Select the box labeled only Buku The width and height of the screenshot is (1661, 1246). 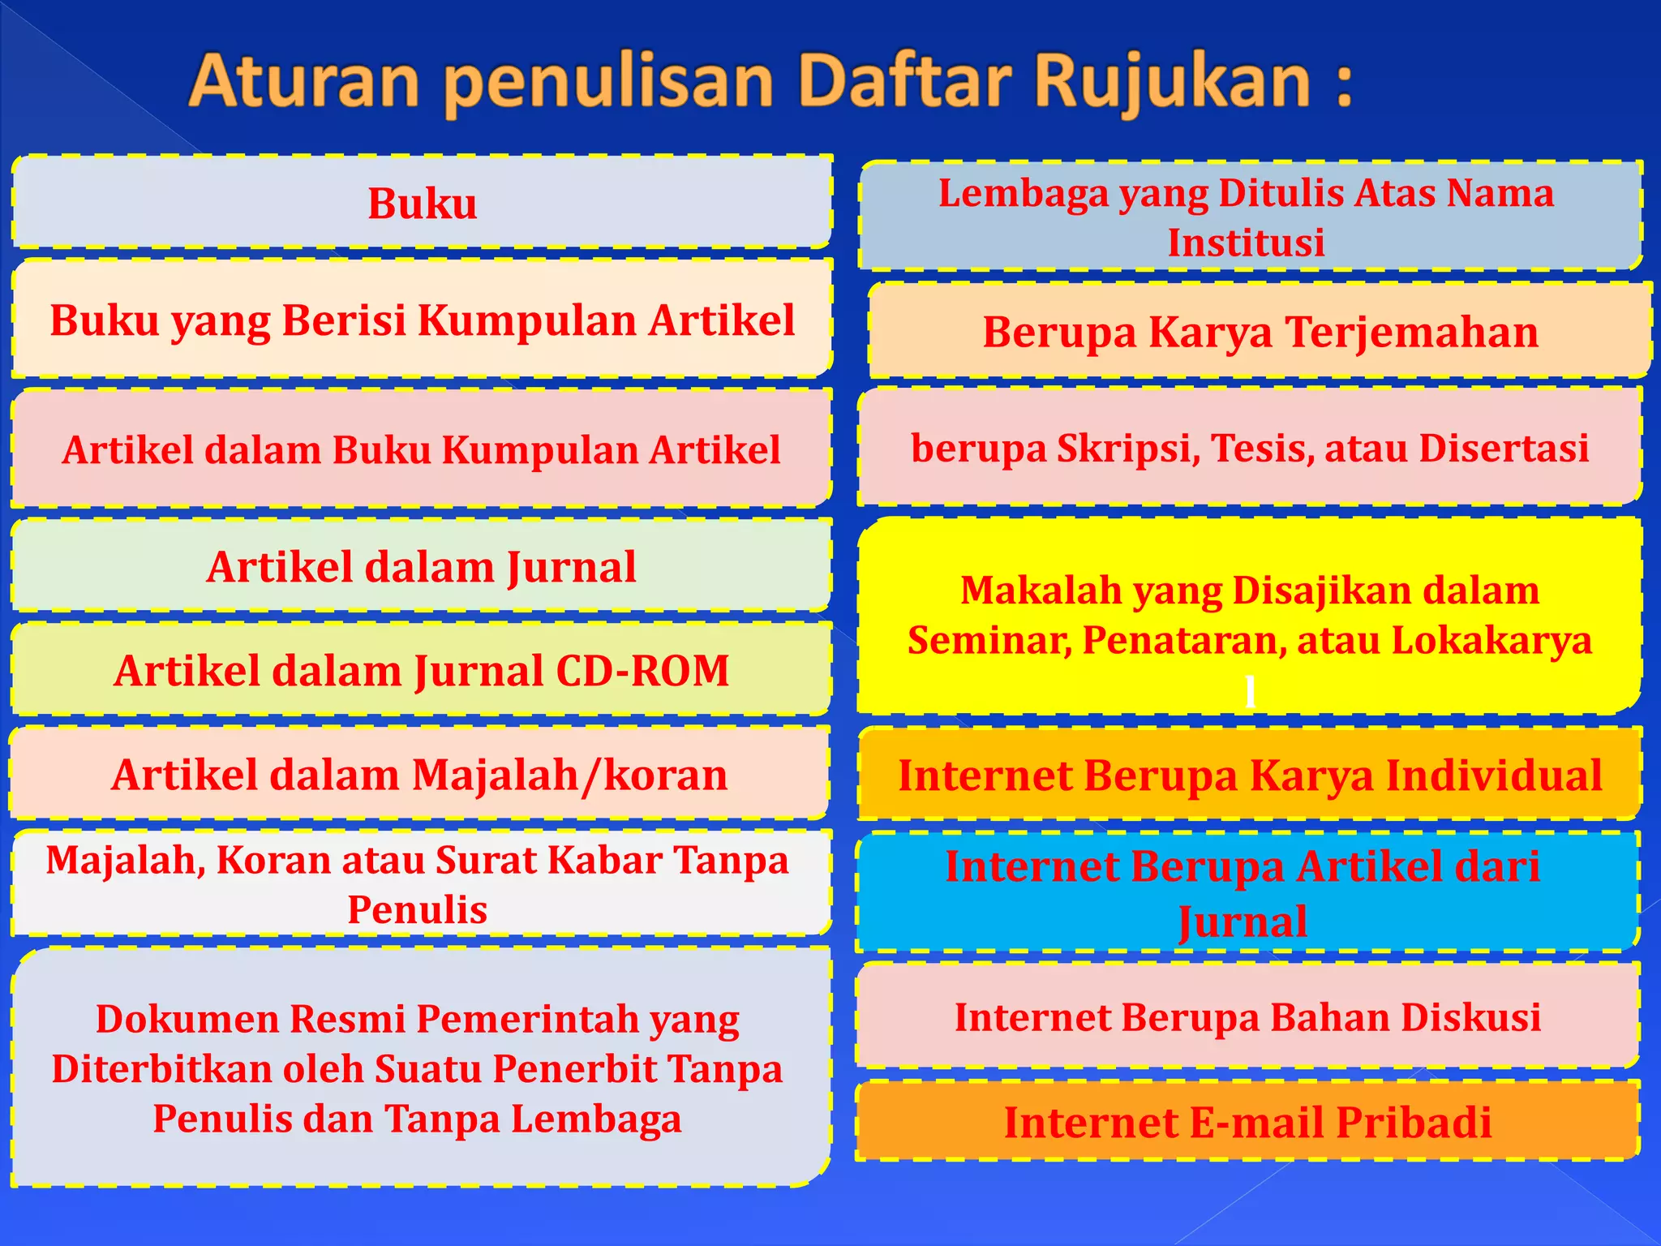coord(423,203)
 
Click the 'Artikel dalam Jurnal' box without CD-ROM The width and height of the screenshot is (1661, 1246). coord(421,566)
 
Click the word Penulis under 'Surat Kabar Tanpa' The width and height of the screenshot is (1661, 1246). coord(417,909)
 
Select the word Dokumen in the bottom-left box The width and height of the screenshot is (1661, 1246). coord(187,1019)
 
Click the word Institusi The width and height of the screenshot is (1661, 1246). coord(1246,243)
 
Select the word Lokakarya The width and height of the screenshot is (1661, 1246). coord(1491,640)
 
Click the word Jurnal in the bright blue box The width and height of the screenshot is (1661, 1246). coord(1243,922)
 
